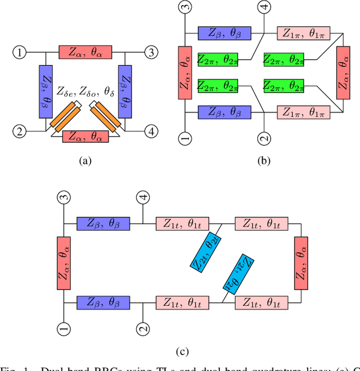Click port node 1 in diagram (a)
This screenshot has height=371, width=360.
tap(20, 53)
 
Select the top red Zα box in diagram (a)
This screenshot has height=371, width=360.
tap(85, 53)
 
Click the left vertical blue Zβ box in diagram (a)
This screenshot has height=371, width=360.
tap(46, 91)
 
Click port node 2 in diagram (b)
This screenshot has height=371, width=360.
tap(264, 137)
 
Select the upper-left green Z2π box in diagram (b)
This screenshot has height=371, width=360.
tap(218, 58)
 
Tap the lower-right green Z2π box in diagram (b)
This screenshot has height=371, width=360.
tap(284, 85)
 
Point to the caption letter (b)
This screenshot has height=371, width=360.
tap(264, 161)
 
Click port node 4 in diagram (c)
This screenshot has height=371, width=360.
tap(144, 197)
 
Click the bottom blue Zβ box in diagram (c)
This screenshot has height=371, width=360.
tap(103, 302)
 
